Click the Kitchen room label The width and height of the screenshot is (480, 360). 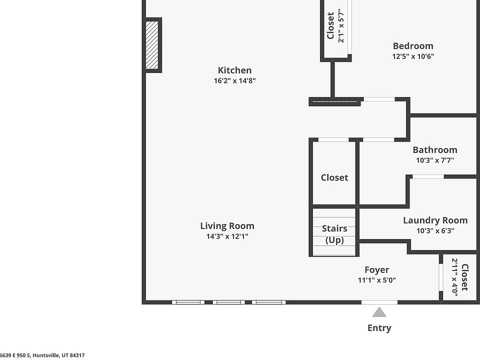(x=234, y=70)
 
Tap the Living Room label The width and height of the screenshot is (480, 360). (x=227, y=226)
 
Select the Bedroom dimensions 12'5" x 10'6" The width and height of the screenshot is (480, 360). (x=413, y=56)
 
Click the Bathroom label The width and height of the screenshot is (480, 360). (x=434, y=149)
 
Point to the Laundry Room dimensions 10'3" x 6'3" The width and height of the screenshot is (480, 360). (x=435, y=230)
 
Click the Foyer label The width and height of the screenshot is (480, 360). (x=376, y=269)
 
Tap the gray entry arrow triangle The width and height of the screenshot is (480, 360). (x=379, y=312)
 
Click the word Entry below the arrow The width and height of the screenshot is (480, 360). (x=379, y=328)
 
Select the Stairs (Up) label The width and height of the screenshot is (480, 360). (x=334, y=234)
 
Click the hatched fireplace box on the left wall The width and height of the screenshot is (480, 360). (x=152, y=45)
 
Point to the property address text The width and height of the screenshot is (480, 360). (x=42, y=355)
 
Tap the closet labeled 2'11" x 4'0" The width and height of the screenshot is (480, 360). (x=459, y=277)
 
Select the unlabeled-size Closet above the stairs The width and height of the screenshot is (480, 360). (x=334, y=177)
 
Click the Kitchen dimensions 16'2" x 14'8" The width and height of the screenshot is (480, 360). (x=234, y=81)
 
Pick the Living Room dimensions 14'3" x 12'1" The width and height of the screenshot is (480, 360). (x=227, y=236)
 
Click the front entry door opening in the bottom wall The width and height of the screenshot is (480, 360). (x=379, y=302)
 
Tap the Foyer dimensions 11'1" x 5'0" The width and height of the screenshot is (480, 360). (x=376, y=280)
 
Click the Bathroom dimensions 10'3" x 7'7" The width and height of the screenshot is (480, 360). (x=434, y=160)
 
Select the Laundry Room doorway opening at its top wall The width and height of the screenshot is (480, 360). (x=428, y=176)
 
